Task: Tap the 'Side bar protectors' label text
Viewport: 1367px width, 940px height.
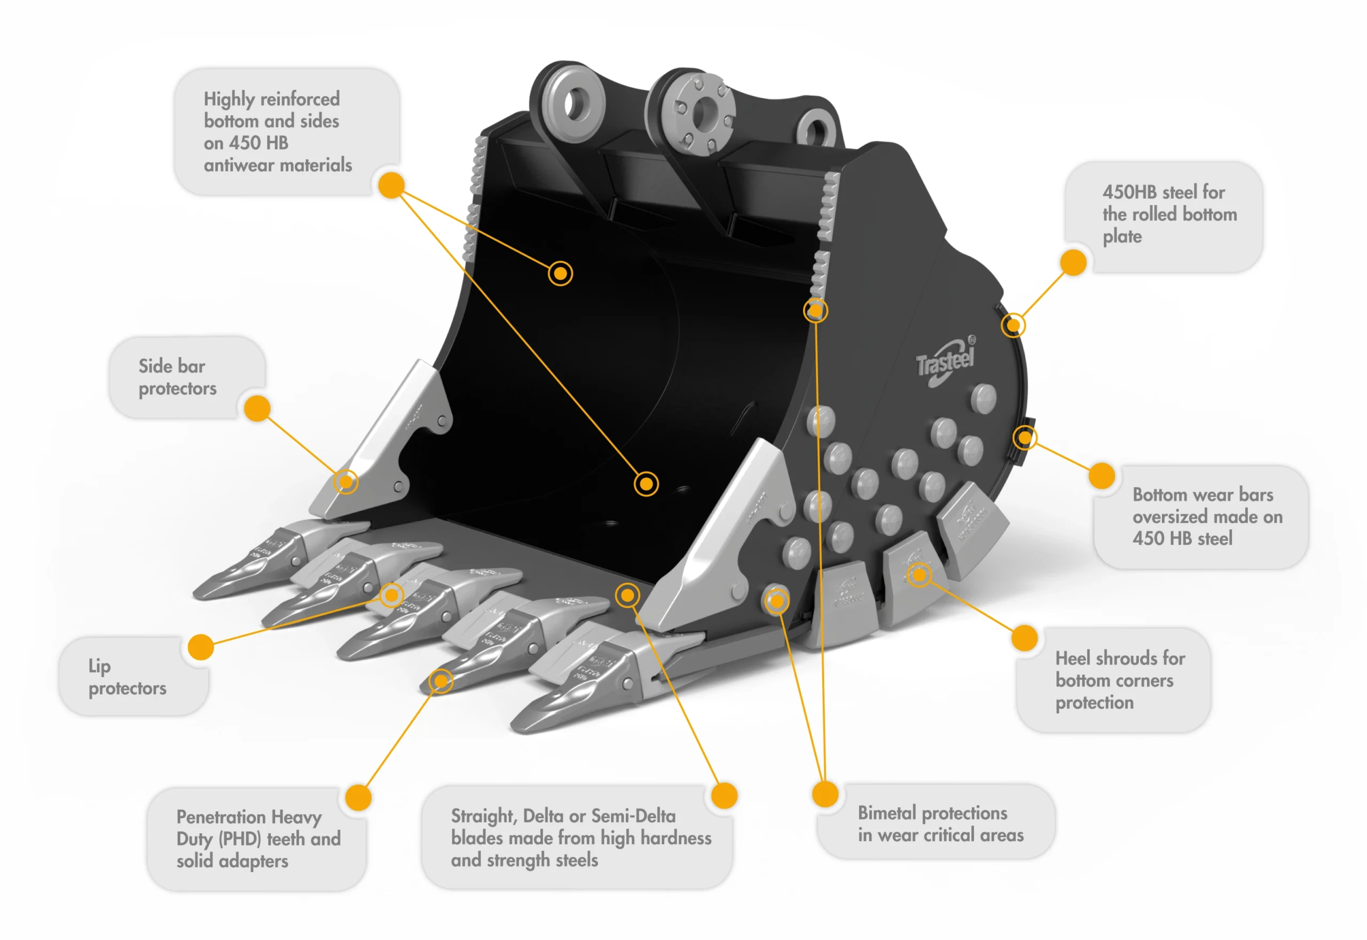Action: tap(177, 377)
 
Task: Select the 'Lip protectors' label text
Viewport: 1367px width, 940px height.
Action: tap(127, 677)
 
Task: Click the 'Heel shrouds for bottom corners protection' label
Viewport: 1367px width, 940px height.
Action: tap(1119, 680)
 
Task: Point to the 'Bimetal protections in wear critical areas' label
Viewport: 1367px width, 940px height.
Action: tap(940, 824)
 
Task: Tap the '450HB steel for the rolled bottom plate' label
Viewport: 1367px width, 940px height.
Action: tap(1168, 214)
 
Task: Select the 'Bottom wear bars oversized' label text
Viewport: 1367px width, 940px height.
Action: tap(1206, 516)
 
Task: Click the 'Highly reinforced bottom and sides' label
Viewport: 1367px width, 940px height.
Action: tap(277, 131)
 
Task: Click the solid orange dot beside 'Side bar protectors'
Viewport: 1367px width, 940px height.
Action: tap(257, 408)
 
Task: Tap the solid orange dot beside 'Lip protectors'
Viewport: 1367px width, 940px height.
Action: tap(201, 647)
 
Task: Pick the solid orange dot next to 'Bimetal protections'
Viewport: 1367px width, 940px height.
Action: tap(825, 794)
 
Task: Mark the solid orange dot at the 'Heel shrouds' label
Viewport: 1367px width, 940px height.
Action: tap(1024, 638)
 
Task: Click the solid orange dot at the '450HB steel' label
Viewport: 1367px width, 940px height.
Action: tap(1073, 262)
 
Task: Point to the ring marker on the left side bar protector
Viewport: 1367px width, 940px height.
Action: tap(345, 482)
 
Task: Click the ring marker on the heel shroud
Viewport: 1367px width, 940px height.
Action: tap(918, 574)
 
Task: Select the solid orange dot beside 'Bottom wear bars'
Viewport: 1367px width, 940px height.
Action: tap(1102, 475)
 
